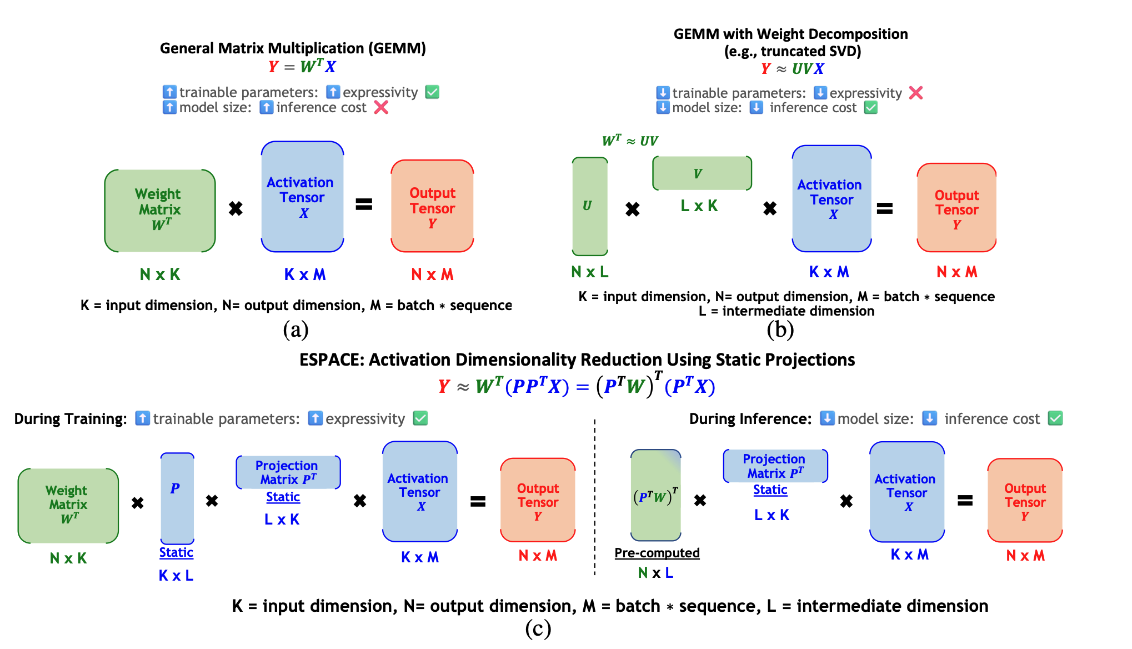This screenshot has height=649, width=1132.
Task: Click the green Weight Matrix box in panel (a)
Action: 160,211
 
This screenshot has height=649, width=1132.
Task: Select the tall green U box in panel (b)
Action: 590,206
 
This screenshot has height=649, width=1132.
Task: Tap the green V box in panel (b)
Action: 702,173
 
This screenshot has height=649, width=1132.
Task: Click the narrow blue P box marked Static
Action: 177,498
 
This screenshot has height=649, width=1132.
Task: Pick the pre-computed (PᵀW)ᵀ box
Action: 656,495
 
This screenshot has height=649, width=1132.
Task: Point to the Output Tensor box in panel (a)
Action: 432,206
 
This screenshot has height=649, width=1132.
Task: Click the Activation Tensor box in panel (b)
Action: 832,198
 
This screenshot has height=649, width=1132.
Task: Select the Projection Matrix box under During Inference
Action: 775,466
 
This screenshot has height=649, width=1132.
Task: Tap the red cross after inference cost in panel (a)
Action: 381,107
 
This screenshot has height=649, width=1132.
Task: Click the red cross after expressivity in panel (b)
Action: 916,93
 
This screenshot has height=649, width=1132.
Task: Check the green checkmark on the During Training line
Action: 420,418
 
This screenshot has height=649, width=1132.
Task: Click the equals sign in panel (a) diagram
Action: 364,204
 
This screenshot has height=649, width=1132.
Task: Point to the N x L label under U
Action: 590,272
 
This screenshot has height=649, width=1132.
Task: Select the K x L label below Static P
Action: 176,576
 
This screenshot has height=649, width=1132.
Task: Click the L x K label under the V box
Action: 699,206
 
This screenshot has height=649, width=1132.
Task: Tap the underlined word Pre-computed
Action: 657,553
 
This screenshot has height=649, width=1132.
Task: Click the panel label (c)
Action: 538,628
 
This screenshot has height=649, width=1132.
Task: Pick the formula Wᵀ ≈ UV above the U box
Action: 630,141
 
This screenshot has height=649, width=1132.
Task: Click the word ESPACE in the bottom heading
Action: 331,360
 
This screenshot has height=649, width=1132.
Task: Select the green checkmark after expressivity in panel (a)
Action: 432,92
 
